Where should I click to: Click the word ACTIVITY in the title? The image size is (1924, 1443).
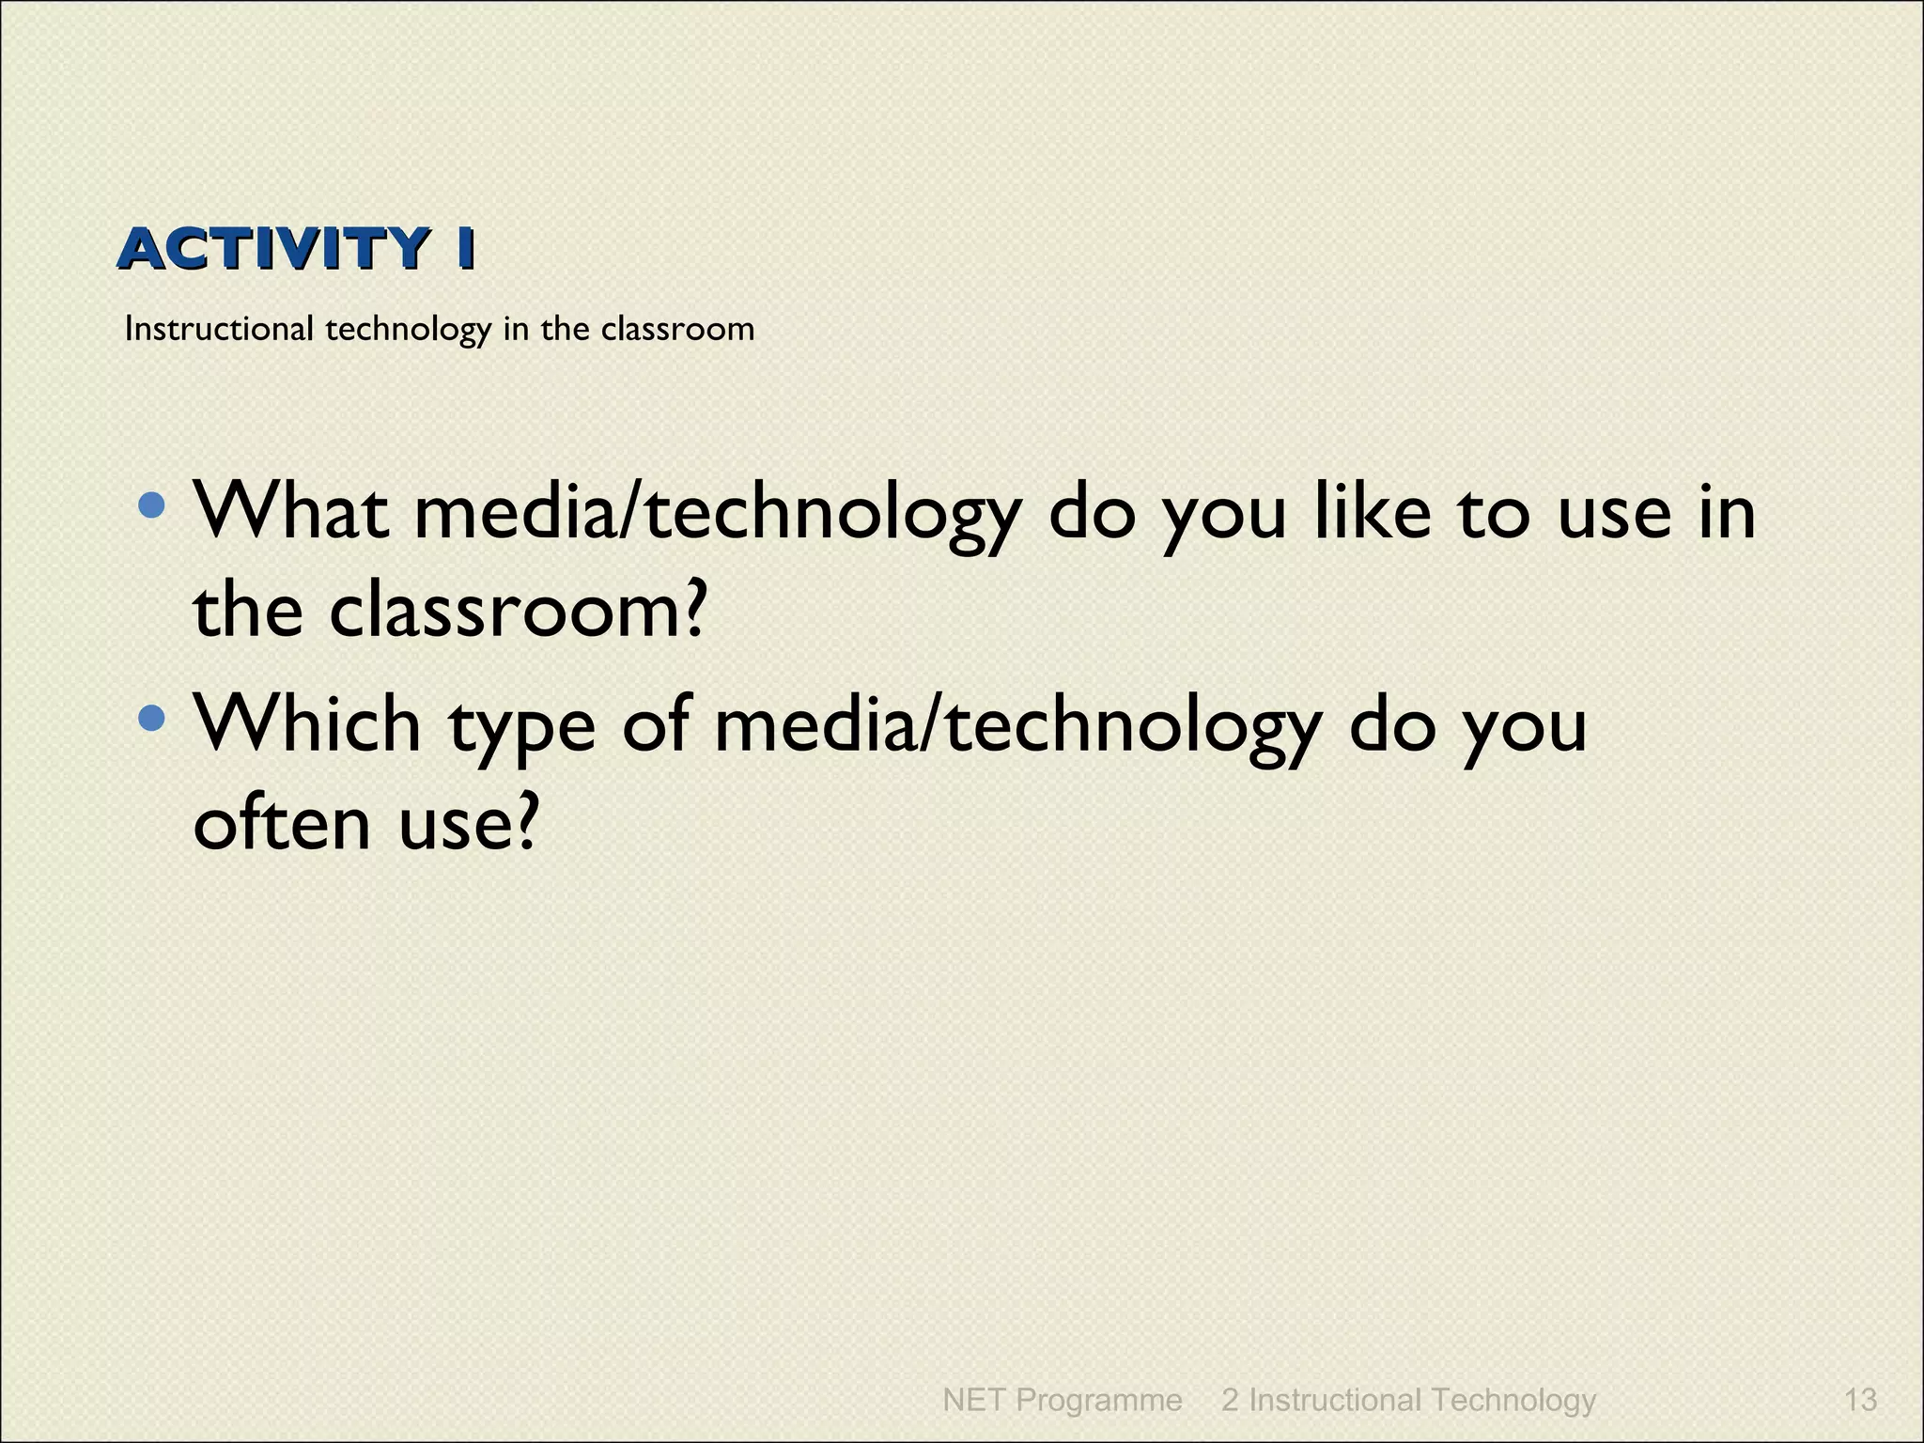273,250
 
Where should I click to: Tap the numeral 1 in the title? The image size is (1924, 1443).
464,250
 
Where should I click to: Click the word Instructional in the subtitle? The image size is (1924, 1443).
219,329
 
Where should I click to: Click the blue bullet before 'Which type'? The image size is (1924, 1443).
151,720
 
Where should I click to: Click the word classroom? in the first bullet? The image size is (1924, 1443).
516,611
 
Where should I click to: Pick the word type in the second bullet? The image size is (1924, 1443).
521,729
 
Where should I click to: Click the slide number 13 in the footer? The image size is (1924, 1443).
1860,1400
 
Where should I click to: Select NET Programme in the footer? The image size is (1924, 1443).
1062,1400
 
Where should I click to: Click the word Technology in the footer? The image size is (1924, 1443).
1513,1400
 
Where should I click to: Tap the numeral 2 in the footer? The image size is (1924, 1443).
1230,1400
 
